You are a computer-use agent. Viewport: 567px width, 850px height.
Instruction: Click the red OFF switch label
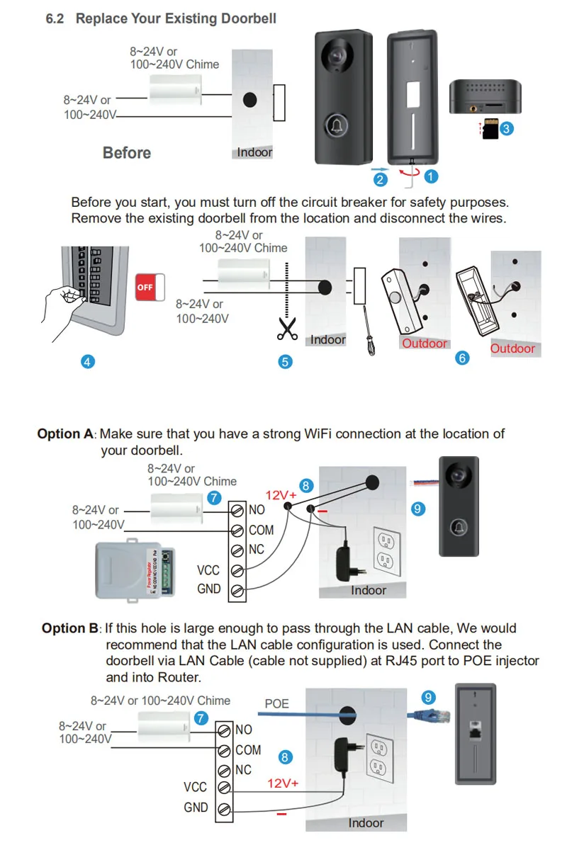click(145, 287)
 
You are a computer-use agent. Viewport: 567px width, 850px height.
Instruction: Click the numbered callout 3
click(507, 128)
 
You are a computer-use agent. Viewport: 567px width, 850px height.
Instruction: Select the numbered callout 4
click(87, 361)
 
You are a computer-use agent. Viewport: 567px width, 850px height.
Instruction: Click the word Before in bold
click(127, 153)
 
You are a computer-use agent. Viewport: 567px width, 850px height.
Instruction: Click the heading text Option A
click(66, 433)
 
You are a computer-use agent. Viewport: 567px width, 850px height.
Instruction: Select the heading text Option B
click(70, 628)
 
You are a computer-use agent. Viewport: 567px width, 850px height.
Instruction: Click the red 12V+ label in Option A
click(281, 495)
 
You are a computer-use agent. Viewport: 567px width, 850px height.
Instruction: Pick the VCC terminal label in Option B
click(196, 787)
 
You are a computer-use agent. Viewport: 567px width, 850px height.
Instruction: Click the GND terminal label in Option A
click(209, 589)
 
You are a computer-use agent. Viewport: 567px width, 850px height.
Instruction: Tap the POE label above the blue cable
click(277, 703)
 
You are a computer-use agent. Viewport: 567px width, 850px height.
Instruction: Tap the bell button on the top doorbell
click(337, 125)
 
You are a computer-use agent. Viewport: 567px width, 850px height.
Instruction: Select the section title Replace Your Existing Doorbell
click(176, 18)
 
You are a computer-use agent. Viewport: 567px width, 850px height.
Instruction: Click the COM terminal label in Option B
click(248, 750)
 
